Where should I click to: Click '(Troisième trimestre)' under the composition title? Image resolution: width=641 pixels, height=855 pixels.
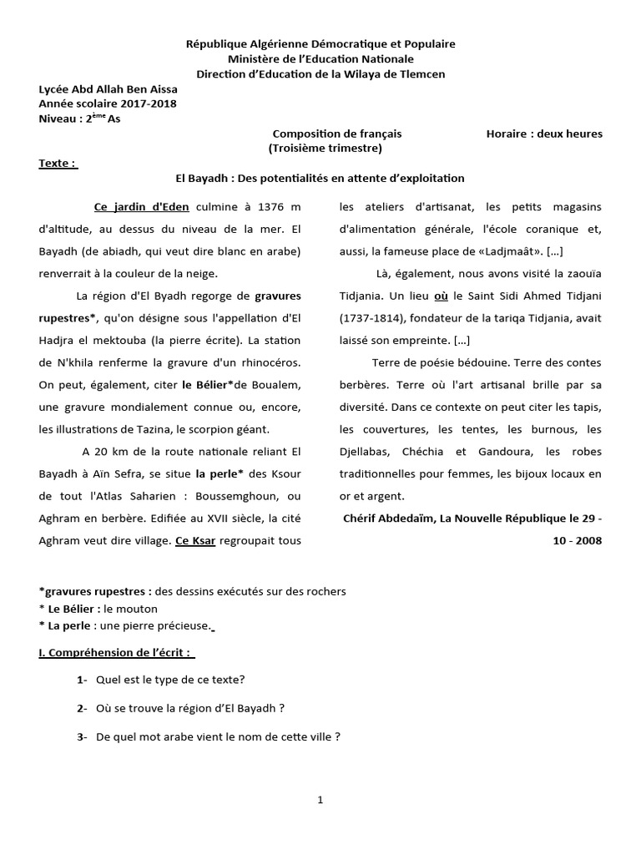point(325,148)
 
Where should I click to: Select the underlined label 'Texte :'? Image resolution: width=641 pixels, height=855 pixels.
point(58,163)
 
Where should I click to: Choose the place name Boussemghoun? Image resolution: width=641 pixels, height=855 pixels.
point(240,496)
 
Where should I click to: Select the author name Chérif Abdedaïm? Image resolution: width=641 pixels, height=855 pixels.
point(392,519)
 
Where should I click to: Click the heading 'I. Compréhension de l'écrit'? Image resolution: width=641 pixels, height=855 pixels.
point(117,652)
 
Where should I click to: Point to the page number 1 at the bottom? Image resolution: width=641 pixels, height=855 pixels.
point(320,800)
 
